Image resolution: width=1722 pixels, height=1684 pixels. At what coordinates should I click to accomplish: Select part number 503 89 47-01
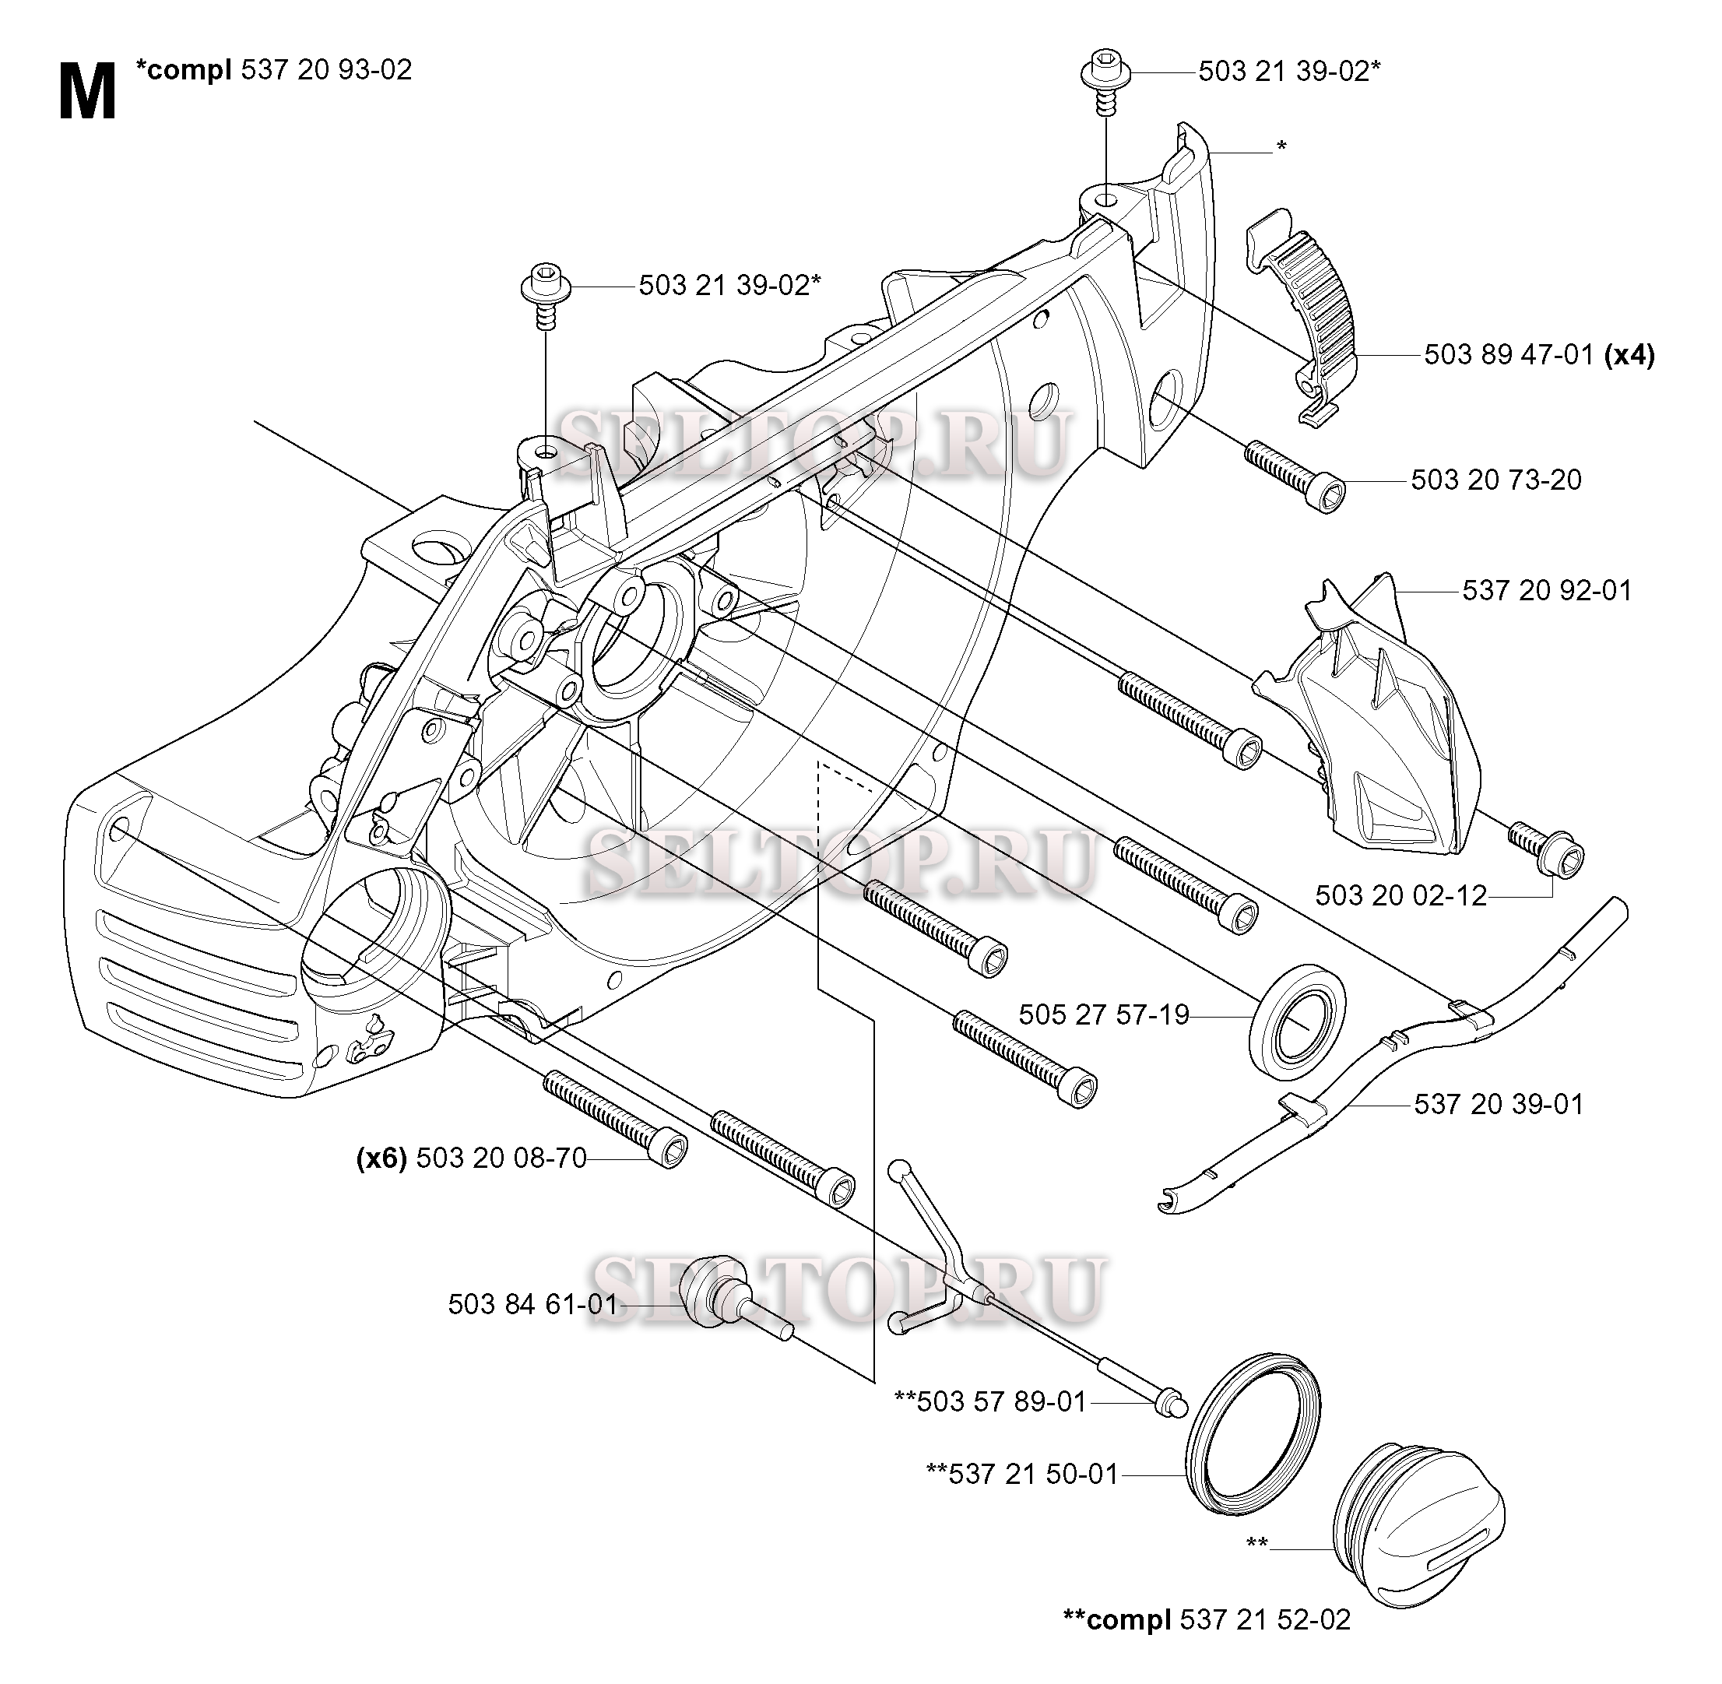[1508, 356]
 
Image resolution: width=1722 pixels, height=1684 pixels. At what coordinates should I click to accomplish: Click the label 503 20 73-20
[1495, 480]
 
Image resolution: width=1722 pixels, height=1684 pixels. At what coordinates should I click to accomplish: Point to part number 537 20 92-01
[1546, 591]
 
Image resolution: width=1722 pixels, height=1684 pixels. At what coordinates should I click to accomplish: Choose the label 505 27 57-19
[1103, 1014]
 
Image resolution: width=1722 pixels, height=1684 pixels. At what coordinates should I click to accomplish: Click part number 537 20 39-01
[1499, 1104]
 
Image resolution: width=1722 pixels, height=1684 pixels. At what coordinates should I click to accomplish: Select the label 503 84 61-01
[532, 1305]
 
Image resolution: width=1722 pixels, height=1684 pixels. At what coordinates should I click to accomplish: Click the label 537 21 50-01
[1032, 1475]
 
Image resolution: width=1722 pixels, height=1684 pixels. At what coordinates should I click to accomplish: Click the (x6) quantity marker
[381, 1158]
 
